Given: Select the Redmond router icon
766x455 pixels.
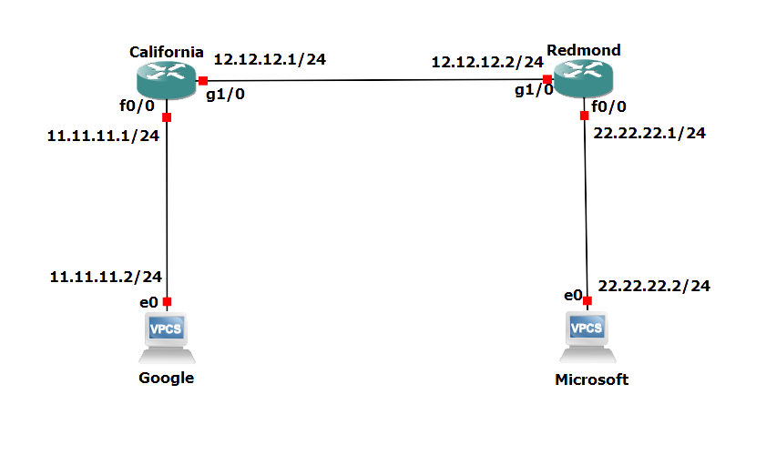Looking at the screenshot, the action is coord(583,78).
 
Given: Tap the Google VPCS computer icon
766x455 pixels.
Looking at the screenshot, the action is coord(167,338).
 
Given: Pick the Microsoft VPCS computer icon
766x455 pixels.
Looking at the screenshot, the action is coord(587,337).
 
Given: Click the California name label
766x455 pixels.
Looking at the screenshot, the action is coord(166,52).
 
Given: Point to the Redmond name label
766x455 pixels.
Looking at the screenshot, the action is coord(583,50).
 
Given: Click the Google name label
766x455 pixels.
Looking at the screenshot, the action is coord(166,378).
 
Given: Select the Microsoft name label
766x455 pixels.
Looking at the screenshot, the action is coord(592,379).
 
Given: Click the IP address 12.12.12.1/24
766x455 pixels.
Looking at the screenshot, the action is coord(270,59).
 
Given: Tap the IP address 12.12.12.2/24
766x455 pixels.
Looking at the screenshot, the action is coord(487,62).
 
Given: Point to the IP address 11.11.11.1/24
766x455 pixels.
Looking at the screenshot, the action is coord(103,136).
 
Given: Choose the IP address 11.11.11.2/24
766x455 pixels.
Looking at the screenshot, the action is coord(106,277).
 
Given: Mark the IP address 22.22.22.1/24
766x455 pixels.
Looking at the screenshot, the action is coord(649,133).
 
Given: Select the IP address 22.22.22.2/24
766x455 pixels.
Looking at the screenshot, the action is coord(654,286).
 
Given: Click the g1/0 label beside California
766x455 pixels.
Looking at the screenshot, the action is coord(225,94).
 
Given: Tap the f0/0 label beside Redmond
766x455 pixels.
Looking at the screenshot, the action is coord(608,106).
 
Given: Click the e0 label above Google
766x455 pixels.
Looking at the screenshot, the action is coord(148,303).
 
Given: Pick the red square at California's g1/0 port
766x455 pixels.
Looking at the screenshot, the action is coord(203,81).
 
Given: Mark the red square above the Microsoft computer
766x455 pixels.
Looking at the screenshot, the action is coord(587,300).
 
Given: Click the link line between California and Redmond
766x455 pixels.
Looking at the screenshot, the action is coord(375,80).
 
